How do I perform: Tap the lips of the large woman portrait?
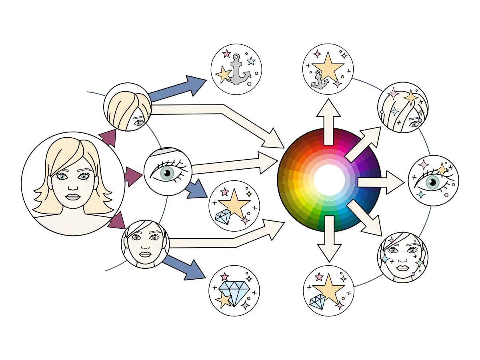tap(73, 197)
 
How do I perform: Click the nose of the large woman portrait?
tap(73, 186)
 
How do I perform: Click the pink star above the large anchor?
tap(226, 53)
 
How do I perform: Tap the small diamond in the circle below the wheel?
tap(318, 302)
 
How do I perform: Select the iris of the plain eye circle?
tap(167, 173)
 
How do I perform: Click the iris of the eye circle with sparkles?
tap(432, 183)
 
